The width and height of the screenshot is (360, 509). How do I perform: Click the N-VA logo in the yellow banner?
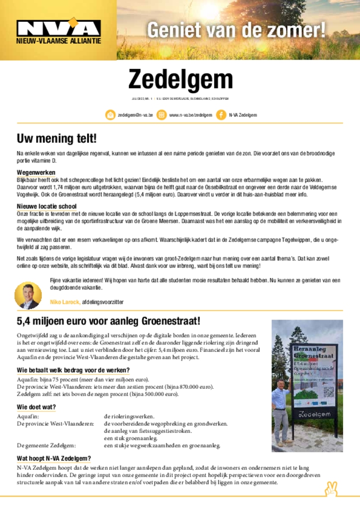(x=58, y=29)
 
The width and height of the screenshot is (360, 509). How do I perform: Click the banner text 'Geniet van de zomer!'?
(x=236, y=30)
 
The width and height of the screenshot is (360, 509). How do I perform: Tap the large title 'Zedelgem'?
(x=180, y=80)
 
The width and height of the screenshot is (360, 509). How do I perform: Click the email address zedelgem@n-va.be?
(x=135, y=115)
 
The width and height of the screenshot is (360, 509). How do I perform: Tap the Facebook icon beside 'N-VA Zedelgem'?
(x=221, y=115)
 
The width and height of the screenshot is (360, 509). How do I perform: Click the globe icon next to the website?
(x=161, y=115)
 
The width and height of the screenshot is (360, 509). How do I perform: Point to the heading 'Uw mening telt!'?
(x=57, y=138)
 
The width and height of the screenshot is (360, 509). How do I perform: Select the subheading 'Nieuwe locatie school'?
(x=47, y=206)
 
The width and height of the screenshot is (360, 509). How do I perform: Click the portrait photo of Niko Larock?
(x=28, y=295)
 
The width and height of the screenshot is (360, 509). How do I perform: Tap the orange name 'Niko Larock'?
(x=65, y=302)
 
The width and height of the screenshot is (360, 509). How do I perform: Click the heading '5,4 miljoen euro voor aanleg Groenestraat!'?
(x=108, y=321)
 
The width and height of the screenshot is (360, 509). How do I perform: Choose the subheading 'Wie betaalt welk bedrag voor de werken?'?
(x=73, y=370)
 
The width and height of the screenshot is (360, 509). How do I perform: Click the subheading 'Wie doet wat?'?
(x=36, y=407)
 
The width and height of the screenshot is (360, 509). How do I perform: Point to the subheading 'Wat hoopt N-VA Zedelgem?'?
(x=54, y=458)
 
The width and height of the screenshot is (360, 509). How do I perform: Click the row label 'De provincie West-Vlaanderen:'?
(x=56, y=424)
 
